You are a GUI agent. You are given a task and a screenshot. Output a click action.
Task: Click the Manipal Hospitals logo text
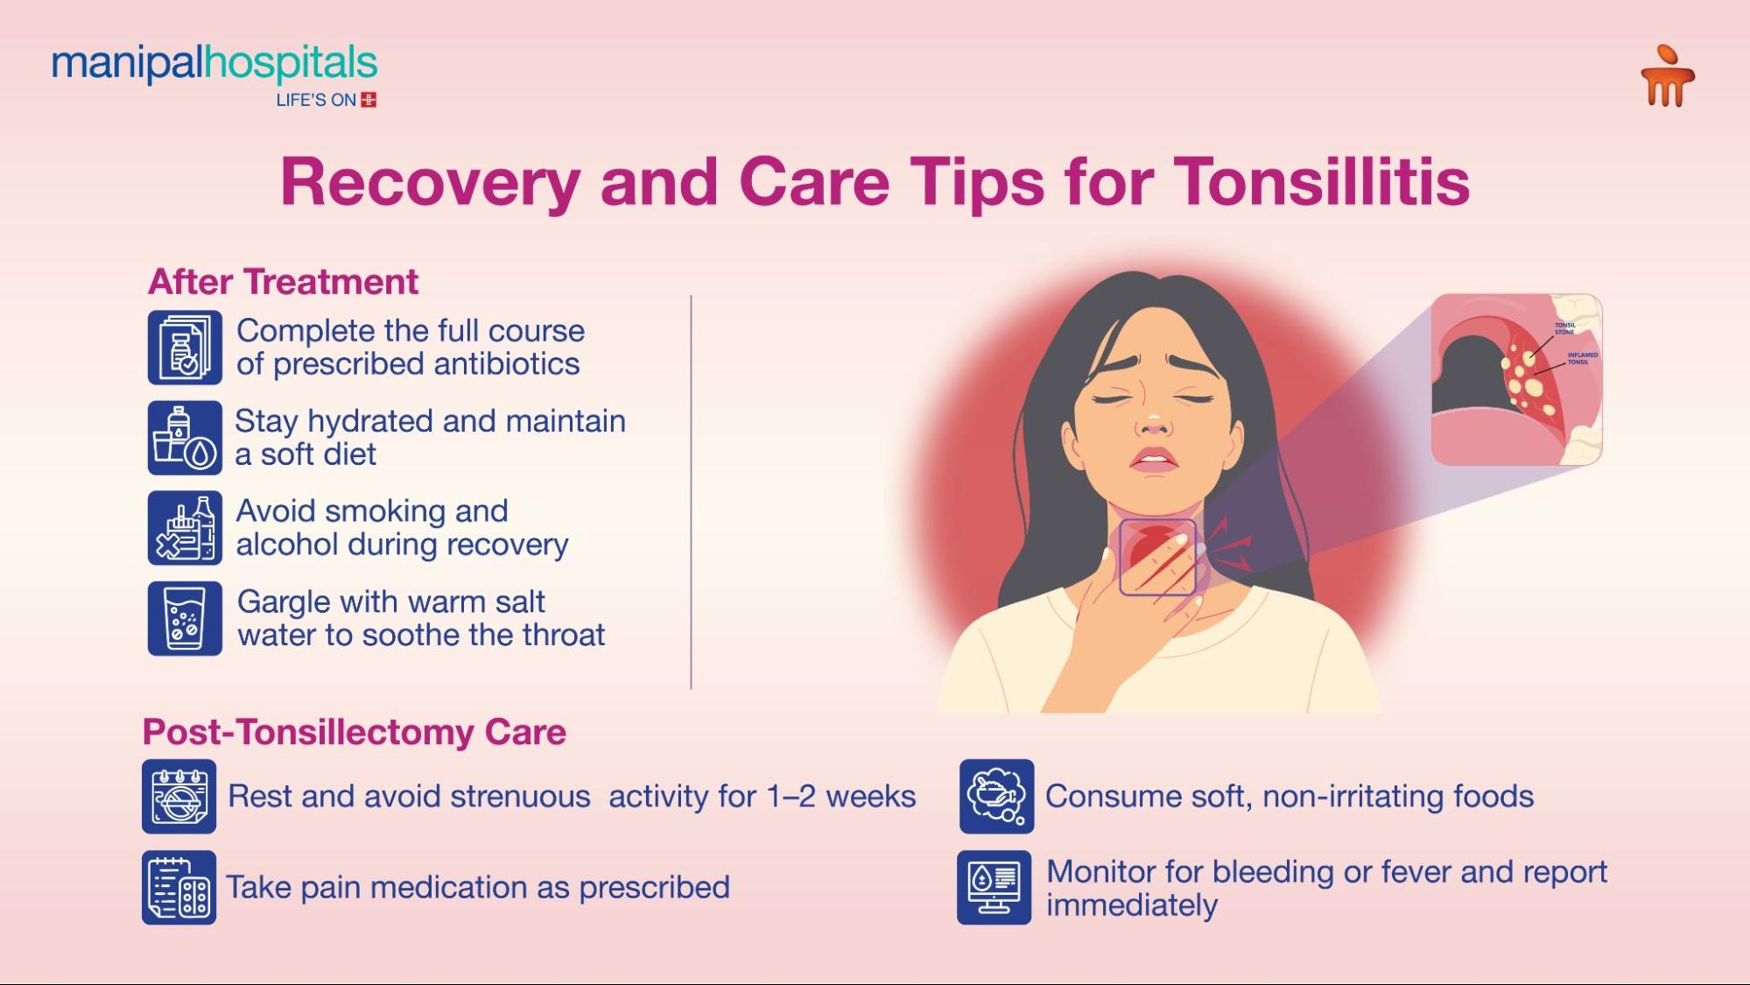[214, 65]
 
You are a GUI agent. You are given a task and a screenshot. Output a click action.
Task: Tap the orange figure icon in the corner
[1667, 77]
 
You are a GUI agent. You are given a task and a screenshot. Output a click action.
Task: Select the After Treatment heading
[283, 282]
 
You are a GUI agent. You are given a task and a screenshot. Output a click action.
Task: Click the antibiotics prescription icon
[185, 348]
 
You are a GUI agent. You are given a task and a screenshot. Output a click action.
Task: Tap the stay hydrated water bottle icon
[185, 438]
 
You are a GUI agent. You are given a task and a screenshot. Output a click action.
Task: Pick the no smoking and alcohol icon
[185, 528]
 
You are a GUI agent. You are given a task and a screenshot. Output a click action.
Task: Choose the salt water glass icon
[185, 618]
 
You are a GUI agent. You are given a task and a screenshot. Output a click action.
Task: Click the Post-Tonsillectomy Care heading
[354, 732]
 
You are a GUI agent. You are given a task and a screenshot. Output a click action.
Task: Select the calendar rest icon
[179, 797]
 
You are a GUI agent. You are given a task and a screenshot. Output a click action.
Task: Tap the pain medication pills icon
[179, 887]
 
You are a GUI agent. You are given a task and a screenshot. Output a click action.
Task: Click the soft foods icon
[996, 797]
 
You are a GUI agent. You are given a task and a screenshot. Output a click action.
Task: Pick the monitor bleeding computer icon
[994, 887]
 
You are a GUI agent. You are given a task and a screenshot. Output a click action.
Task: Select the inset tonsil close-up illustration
[1516, 379]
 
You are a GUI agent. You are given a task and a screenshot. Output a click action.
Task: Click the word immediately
[1131, 905]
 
